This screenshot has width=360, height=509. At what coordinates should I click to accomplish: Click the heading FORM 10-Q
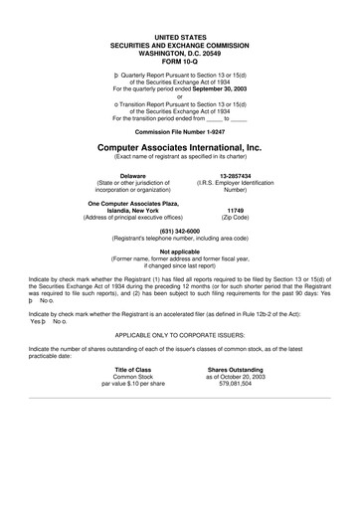[x=179, y=61]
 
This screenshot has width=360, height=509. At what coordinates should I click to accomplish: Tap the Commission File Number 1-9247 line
[x=179, y=130]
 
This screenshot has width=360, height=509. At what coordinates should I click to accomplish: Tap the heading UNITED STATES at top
[x=179, y=36]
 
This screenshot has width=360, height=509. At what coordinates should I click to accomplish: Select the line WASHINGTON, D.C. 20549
[x=179, y=52]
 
